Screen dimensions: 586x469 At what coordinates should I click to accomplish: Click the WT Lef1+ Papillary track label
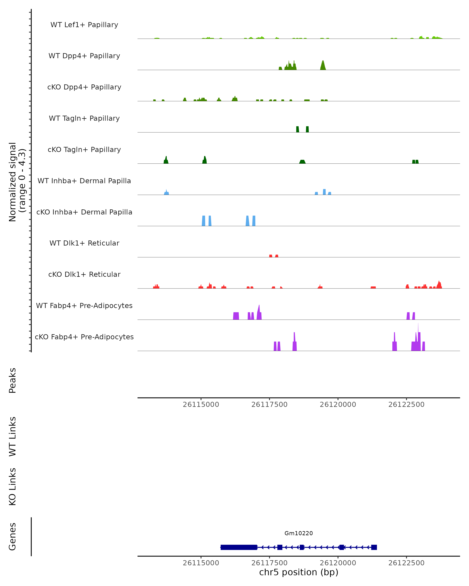(84, 25)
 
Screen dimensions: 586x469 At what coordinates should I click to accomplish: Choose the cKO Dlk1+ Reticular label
(84, 274)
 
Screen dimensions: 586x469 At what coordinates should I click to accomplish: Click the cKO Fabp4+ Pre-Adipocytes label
(84, 337)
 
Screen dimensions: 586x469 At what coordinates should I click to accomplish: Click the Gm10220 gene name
(299, 533)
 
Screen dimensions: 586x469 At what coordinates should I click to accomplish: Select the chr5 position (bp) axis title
(299, 572)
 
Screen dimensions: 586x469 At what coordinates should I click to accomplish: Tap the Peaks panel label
(13, 380)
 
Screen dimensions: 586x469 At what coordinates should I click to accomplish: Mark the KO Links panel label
(13, 487)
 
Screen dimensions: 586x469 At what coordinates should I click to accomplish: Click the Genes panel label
(13, 537)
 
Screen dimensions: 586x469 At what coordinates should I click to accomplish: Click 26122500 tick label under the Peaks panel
(406, 405)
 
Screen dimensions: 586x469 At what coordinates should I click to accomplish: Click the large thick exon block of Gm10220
(239, 547)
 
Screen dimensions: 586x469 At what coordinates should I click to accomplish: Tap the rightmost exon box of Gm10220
(374, 547)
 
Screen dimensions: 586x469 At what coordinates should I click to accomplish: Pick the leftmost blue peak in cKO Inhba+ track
(204, 221)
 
